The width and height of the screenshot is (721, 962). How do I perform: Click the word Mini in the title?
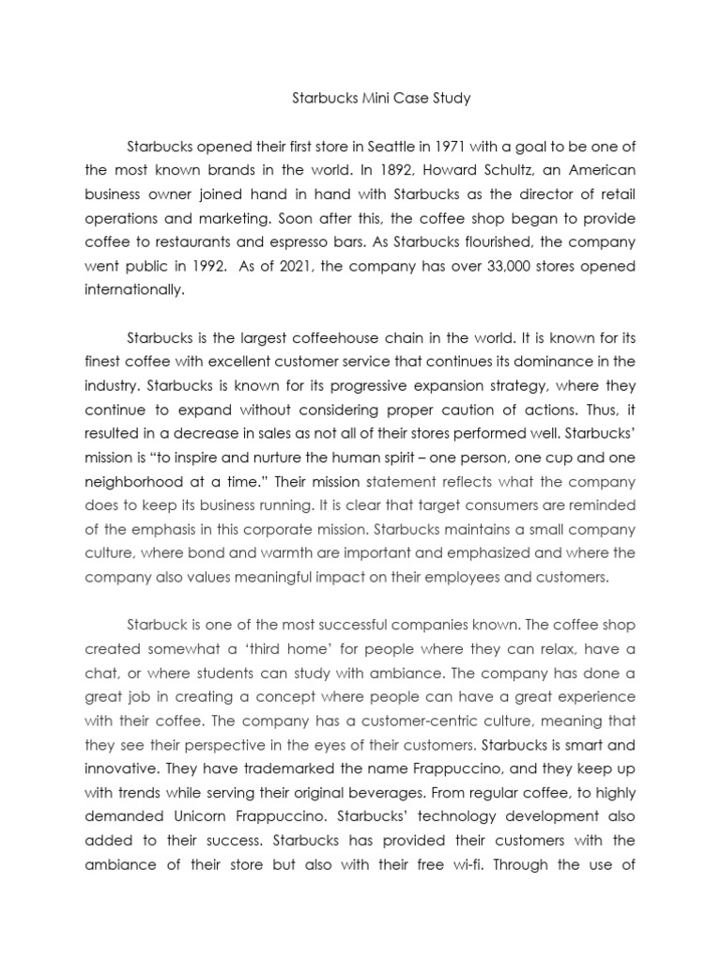[358, 97]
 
